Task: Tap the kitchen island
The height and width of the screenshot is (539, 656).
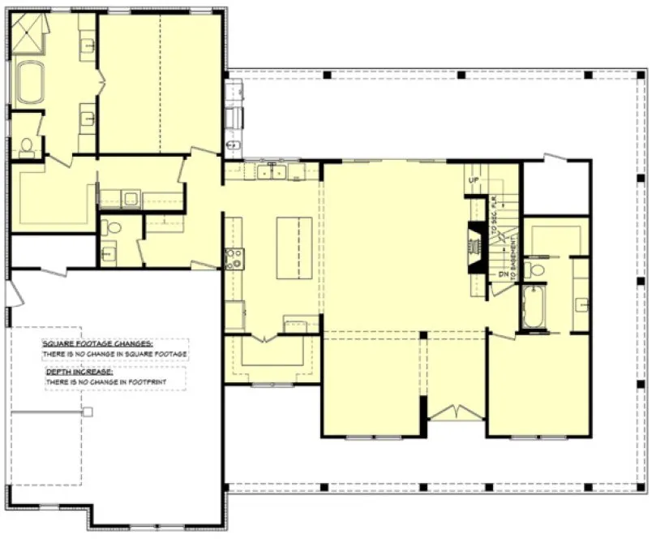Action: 294,248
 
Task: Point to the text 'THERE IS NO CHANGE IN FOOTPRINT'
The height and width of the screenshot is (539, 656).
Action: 114,381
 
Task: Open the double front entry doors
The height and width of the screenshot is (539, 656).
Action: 454,412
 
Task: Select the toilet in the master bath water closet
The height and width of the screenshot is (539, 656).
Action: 26,146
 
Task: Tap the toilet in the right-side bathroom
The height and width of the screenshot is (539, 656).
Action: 532,269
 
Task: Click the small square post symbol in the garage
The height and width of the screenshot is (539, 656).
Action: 88,412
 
